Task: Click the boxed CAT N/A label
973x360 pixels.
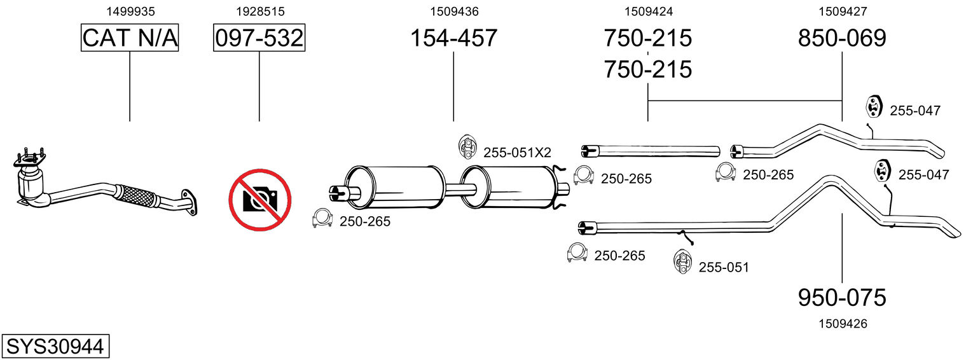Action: (130, 38)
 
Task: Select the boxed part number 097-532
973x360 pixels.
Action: (259, 38)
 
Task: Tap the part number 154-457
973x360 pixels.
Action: (453, 38)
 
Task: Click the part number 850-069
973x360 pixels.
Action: (842, 38)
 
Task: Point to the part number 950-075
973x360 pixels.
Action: (842, 297)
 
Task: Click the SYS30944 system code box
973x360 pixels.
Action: (55, 347)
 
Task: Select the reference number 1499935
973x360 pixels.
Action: (130, 11)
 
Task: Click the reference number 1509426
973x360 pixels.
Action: (843, 324)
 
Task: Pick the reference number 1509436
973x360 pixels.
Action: (453, 11)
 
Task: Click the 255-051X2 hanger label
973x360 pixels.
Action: (517, 153)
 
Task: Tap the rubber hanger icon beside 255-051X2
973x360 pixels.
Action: (467, 147)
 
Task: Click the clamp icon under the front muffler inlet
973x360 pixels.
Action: (322, 219)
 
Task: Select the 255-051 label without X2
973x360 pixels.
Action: (724, 267)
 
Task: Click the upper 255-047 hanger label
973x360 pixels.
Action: (914, 111)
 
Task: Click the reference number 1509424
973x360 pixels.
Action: (648, 11)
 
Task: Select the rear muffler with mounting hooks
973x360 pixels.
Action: (509, 187)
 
